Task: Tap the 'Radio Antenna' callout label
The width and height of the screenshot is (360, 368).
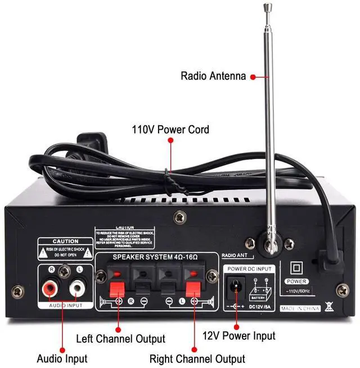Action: point(213,76)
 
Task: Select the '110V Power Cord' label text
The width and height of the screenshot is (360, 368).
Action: point(170,130)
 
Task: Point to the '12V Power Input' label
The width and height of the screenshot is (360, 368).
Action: point(239,336)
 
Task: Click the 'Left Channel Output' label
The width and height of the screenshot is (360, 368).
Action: point(121,339)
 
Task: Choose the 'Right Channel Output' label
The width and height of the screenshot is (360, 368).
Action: point(197,358)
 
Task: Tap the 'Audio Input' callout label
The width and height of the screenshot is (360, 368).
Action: point(62,358)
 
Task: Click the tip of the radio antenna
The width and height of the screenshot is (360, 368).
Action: point(267,6)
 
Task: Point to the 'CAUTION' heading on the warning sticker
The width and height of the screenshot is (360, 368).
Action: point(66,241)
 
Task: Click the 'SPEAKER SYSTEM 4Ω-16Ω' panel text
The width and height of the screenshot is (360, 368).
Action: point(156,257)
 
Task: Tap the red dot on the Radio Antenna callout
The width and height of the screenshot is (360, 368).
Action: point(253,76)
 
